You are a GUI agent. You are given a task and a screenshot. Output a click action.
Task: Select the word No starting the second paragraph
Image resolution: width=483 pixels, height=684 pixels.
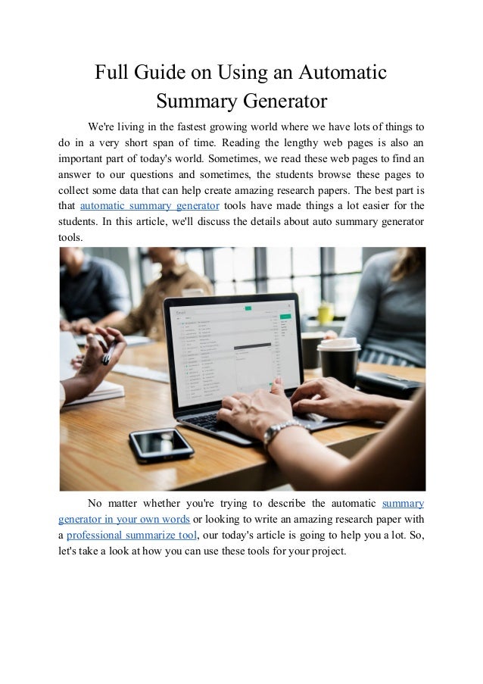96,503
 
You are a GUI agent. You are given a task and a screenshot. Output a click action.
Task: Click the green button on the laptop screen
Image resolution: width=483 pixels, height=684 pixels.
246,309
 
